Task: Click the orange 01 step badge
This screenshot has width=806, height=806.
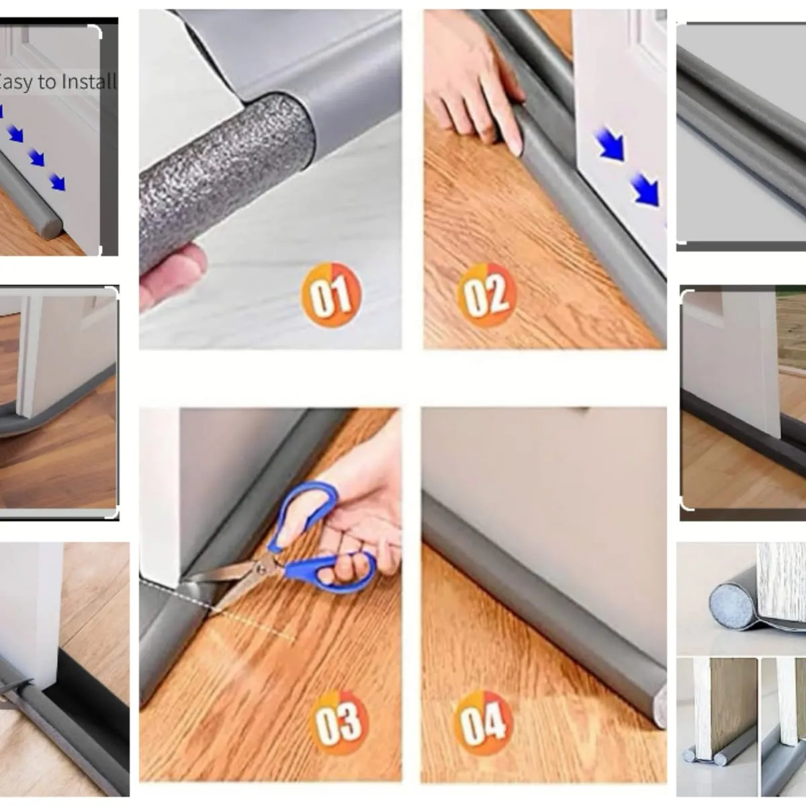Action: click(331, 295)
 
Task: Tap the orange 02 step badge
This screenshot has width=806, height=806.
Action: click(487, 295)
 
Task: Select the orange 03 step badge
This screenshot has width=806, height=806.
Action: click(338, 722)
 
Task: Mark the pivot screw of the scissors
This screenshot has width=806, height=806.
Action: click(262, 568)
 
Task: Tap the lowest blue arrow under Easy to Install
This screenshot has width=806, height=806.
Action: click(57, 183)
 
